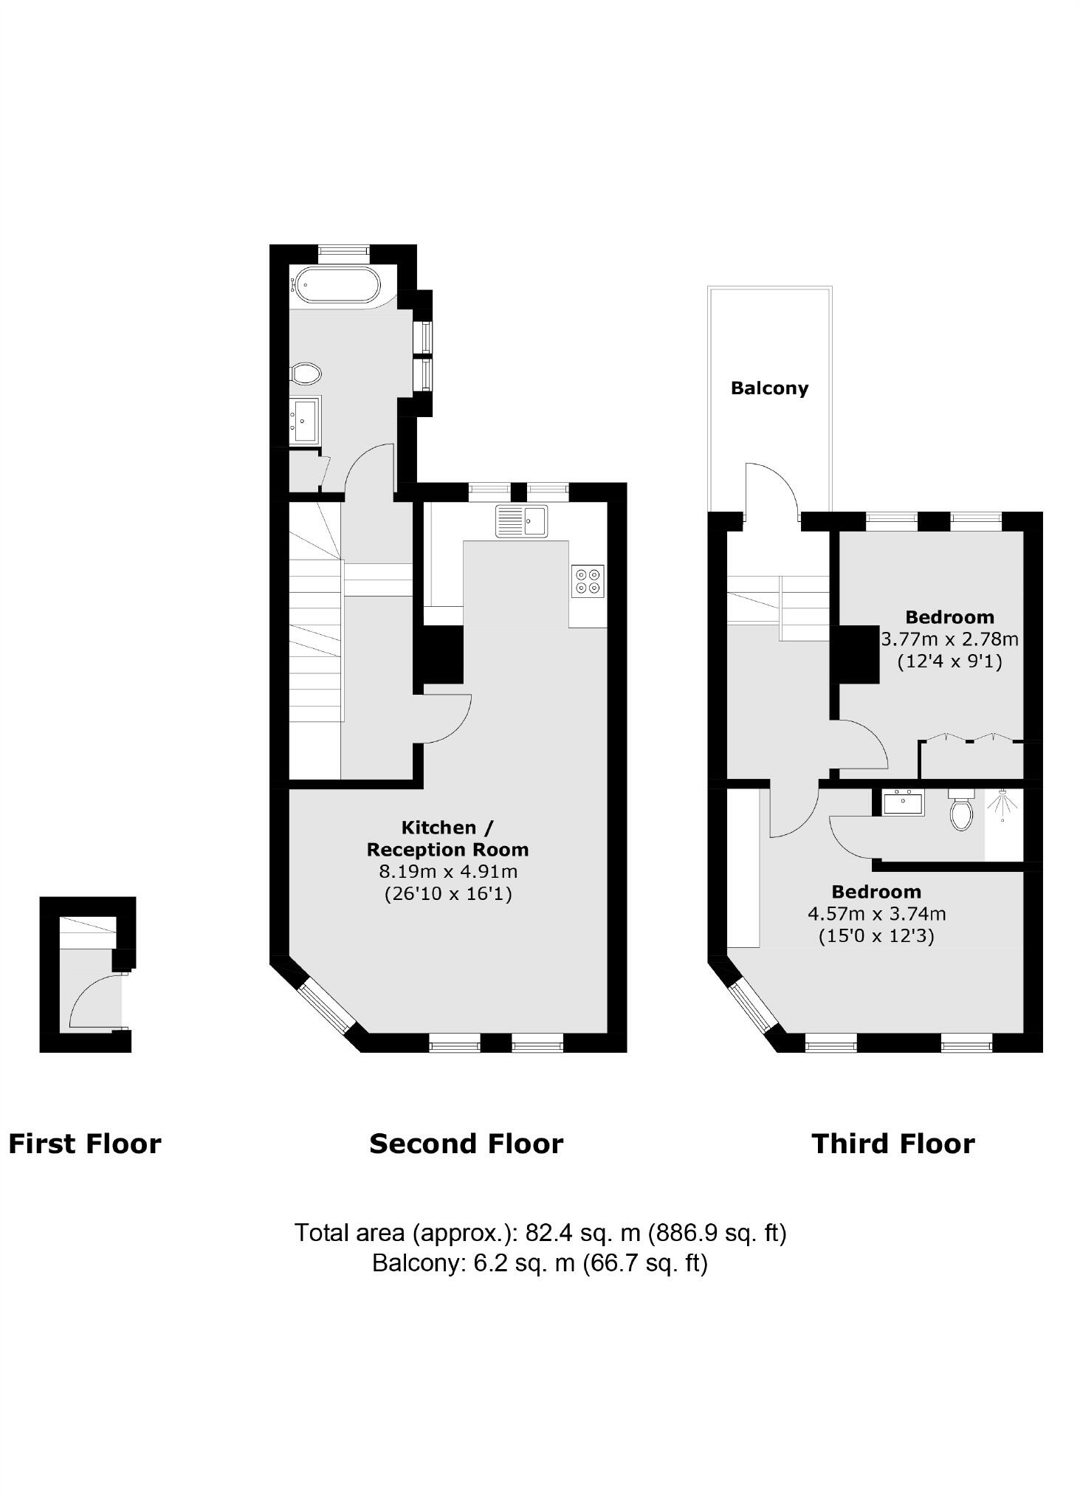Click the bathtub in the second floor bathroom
tap(338, 285)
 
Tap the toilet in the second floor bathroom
tap(306, 374)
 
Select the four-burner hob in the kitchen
tap(588, 581)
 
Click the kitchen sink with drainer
tap(522, 520)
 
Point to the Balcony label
tap(769, 388)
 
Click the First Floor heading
tap(85, 1144)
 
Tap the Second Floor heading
tap(466, 1144)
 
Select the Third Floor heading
tap(893, 1144)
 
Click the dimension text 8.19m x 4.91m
tap(448, 871)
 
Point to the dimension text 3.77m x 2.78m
tap(949, 639)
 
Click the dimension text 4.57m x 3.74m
tap(876, 914)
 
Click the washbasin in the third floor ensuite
tap(903, 802)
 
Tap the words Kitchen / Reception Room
tap(448, 838)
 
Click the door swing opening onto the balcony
tap(769, 491)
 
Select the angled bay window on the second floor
tap(326, 1005)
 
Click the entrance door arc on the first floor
tap(92, 1000)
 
